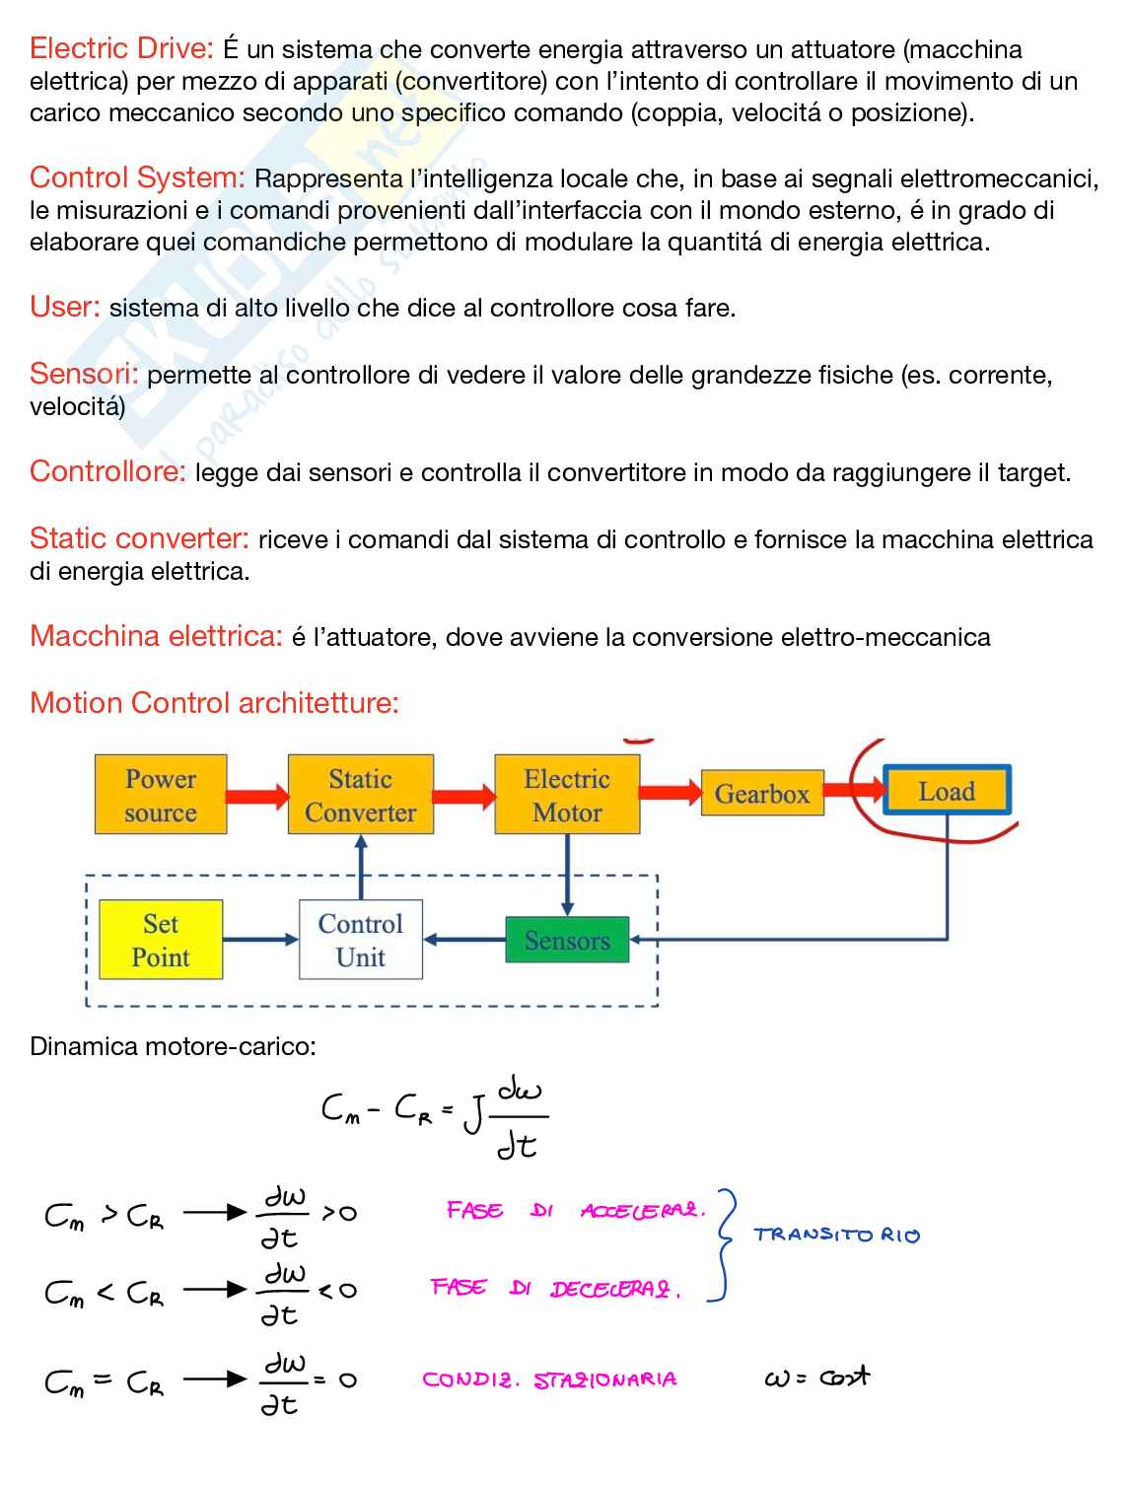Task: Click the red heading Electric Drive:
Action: [x=121, y=48]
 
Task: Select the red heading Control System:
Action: [x=137, y=177]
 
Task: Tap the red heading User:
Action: [x=65, y=307]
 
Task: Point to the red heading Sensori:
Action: [x=84, y=374]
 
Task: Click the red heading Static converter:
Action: [x=139, y=538]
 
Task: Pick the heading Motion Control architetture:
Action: [x=214, y=703]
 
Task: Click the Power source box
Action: [x=161, y=795]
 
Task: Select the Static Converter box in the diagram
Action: [x=360, y=795]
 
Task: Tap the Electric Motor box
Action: [x=567, y=795]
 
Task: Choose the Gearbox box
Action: [x=761, y=794]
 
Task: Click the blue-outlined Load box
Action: [x=947, y=791]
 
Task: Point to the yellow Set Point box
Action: [x=161, y=940]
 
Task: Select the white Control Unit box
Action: [x=360, y=940]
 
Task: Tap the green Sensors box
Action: [x=567, y=941]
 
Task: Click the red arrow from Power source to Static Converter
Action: [x=257, y=796]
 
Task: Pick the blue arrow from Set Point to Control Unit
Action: [x=260, y=940]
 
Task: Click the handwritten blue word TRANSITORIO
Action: [x=836, y=1235]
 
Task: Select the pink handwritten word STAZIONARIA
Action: [x=605, y=1380]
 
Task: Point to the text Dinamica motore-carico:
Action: [x=173, y=1046]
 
